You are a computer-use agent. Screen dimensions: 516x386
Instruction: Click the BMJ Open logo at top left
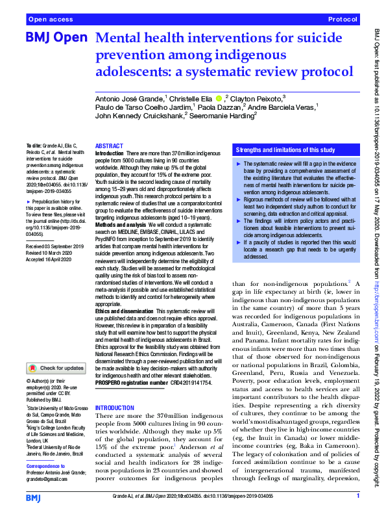click(56, 40)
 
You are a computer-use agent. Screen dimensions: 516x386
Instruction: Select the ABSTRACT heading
click(108, 147)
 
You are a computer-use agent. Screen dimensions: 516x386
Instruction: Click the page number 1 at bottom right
click(357, 497)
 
